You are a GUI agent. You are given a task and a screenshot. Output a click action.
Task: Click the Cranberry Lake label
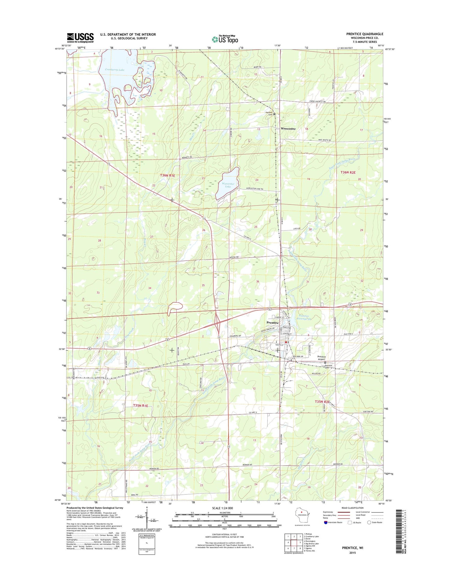click(x=115, y=70)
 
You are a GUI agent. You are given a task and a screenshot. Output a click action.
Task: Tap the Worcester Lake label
click(x=228, y=185)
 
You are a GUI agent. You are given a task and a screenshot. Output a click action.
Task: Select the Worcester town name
click(x=288, y=128)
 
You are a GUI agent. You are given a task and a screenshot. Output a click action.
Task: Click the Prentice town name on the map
click(x=272, y=322)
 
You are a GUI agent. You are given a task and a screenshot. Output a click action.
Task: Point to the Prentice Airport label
click(x=321, y=358)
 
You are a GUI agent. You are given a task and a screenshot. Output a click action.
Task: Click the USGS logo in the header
click(x=80, y=38)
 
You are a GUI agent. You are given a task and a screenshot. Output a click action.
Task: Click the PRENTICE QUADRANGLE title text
click(x=364, y=34)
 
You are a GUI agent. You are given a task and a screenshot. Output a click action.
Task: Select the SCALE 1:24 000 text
click(x=222, y=508)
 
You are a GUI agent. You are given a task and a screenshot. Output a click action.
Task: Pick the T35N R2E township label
click(x=322, y=401)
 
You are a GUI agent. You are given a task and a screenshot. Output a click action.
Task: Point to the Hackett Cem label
click(x=269, y=113)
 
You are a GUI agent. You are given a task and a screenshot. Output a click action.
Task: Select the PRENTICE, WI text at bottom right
click(x=352, y=548)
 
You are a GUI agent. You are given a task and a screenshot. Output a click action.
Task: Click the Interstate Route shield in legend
click(x=326, y=522)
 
